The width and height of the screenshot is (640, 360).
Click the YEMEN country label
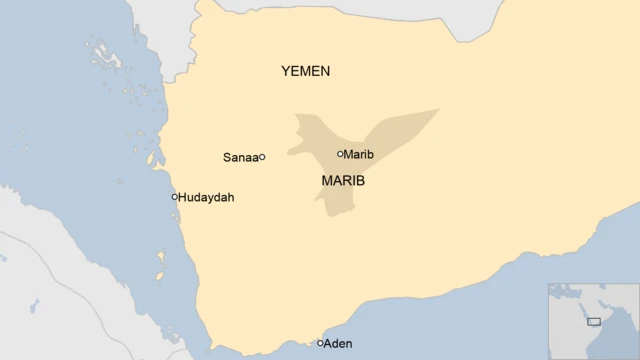coord(305,71)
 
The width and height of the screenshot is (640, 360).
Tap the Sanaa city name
coord(239,157)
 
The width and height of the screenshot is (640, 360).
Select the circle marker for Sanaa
coord(262,157)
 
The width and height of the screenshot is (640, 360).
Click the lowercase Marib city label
coord(359,154)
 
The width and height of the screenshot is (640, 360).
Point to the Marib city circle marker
coord(340,154)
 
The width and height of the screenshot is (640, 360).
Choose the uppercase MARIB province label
coord(343,181)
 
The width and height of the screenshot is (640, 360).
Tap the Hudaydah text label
coord(206,198)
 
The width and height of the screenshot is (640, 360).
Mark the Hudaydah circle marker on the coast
coord(174,197)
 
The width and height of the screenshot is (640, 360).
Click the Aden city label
coord(339,344)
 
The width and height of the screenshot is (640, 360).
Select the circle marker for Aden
coord(320,343)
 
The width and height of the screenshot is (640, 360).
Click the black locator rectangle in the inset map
coord(594,321)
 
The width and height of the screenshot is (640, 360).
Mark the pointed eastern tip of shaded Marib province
coord(437,110)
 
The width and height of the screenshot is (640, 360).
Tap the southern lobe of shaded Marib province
coord(338,205)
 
